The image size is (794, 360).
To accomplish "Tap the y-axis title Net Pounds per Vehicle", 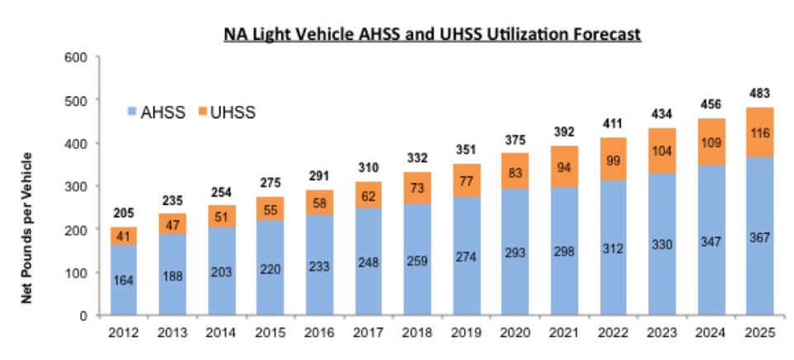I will click(26, 227).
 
